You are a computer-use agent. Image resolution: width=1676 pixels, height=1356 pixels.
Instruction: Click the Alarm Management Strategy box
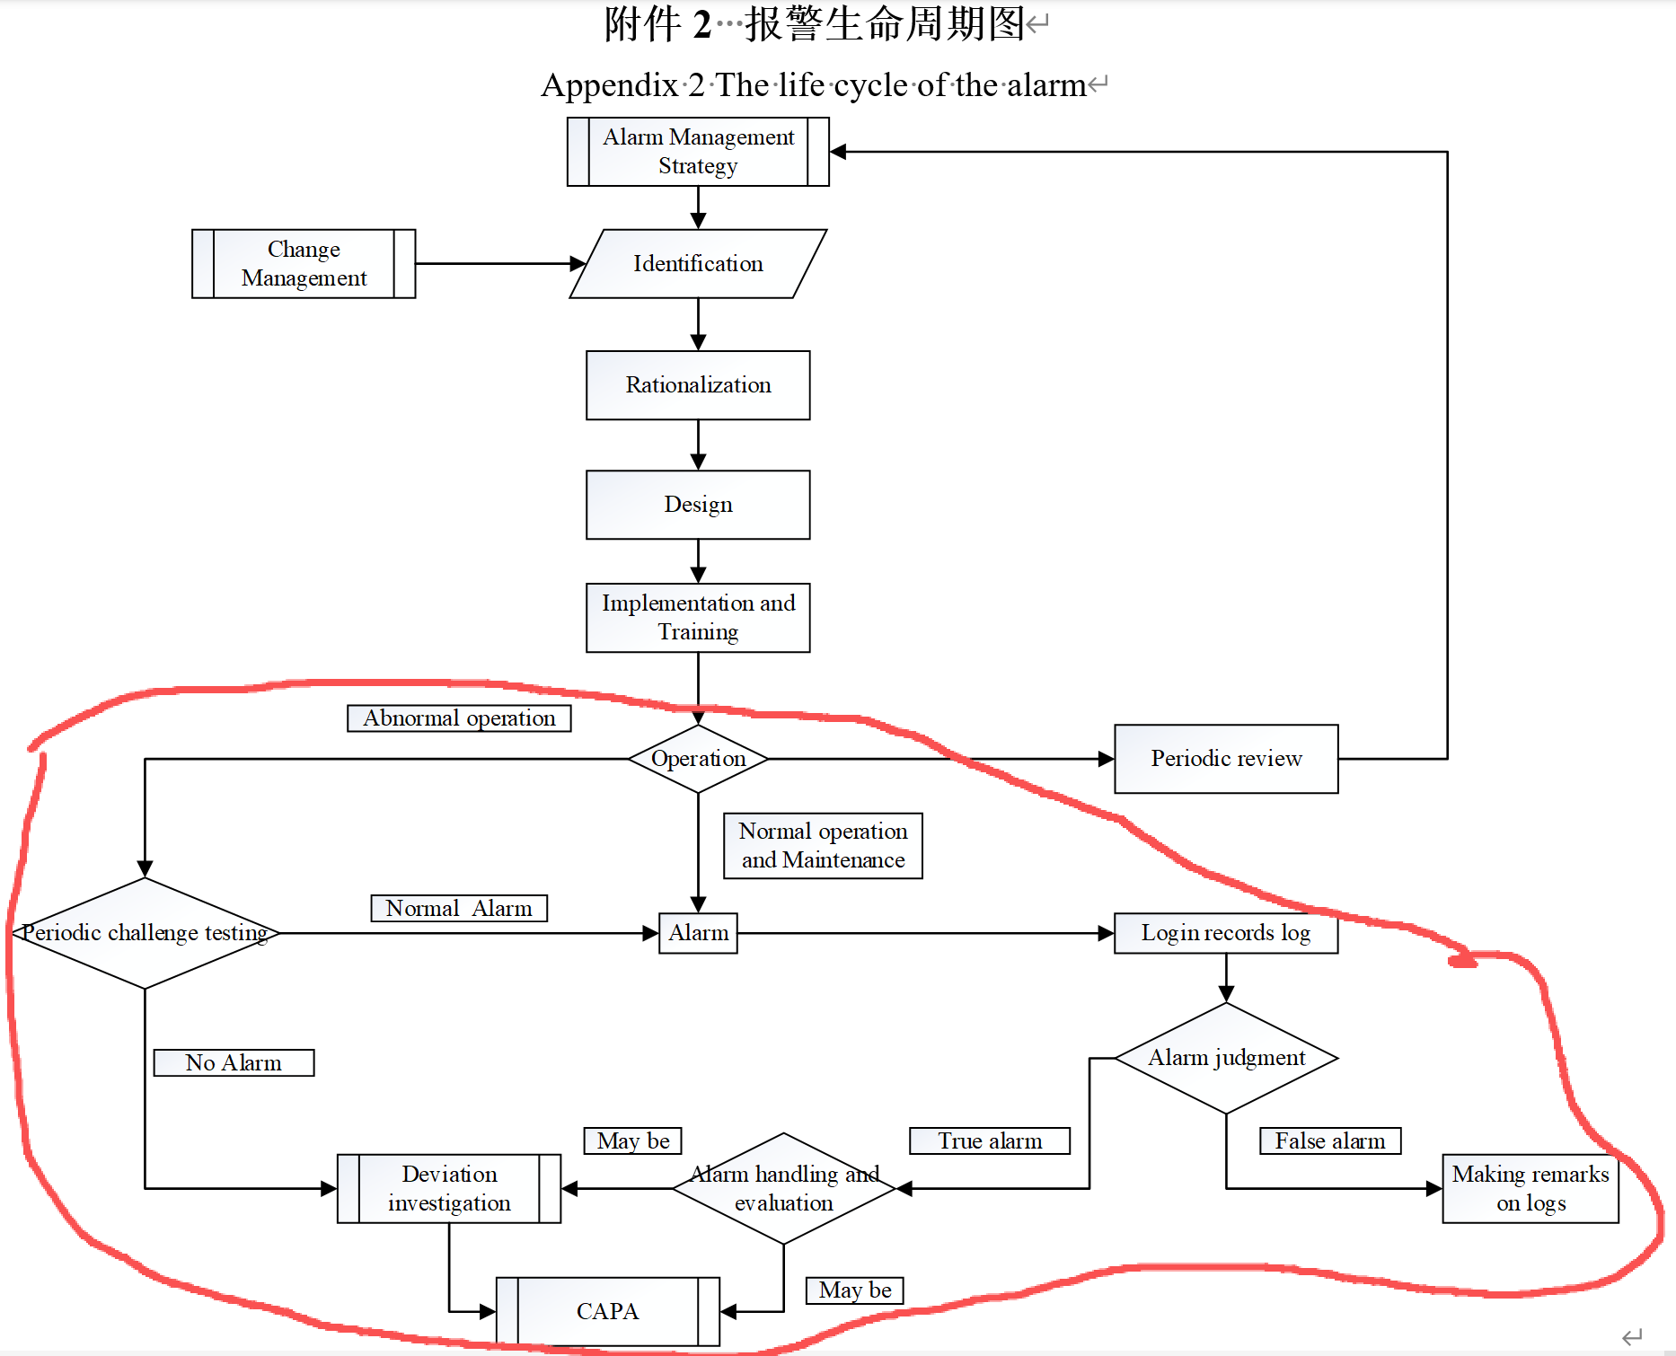[698, 152]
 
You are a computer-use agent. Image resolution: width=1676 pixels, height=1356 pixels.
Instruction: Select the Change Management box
[304, 264]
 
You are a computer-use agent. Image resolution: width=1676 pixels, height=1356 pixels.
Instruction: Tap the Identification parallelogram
[698, 264]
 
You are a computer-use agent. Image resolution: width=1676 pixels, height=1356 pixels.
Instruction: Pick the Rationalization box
[698, 385]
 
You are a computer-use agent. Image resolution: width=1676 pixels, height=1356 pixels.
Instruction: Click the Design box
[698, 505]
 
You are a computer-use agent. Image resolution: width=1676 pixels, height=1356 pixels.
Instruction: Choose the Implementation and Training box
[698, 618]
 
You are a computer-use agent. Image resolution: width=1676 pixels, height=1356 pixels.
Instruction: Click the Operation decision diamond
[698, 759]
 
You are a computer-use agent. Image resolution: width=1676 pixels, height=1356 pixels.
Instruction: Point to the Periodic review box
[1226, 759]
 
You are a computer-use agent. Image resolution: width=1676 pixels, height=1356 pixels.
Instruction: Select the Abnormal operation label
[459, 718]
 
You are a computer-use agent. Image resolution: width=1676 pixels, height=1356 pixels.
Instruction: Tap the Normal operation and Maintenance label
[823, 846]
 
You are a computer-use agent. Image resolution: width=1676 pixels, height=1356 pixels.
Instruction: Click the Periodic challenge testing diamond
[145, 933]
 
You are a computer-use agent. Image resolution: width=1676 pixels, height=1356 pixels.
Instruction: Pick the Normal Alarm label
[459, 909]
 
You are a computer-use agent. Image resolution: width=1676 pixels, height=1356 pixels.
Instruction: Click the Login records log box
[1226, 933]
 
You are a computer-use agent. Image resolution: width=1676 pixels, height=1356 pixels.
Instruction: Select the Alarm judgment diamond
[1226, 1058]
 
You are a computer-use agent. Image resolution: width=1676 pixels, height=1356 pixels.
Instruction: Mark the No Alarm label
[234, 1063]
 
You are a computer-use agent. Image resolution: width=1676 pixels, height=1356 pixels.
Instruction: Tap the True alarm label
[990, 1141]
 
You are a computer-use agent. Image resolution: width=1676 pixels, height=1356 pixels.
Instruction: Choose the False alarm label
[1330, 1141]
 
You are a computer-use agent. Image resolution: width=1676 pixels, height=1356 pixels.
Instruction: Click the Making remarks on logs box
[1530, 1189]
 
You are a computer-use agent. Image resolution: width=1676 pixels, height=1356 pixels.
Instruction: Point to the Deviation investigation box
[449, 1189]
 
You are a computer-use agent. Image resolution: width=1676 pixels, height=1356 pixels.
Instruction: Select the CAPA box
[608, 1312]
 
